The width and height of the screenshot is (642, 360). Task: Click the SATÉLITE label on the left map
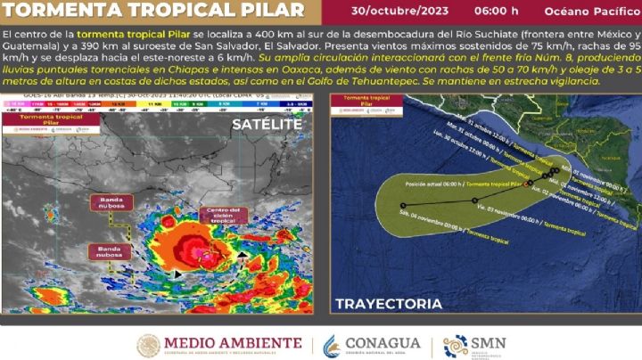267,124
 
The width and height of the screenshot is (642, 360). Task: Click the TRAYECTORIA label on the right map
389,304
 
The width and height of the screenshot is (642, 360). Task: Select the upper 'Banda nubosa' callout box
111,202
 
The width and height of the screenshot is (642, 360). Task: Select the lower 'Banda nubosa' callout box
110,251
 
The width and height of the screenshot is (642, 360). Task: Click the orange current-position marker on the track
529,183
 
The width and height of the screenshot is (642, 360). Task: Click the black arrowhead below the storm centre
177,274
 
